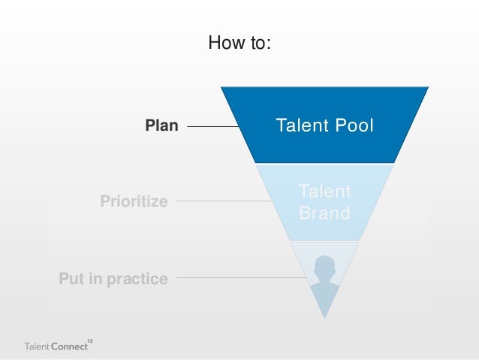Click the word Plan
162,126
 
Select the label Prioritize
134,201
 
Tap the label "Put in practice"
113,279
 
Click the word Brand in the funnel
324,213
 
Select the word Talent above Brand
324,192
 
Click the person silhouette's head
324,267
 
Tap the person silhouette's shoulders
324,289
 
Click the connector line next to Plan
212,127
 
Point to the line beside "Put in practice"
240,278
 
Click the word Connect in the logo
68,347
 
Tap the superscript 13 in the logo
90,342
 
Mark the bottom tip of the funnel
324,317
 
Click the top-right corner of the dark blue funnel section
426,88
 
